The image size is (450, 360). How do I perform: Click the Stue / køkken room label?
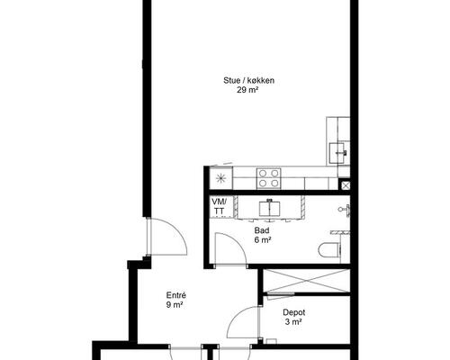[248, 80]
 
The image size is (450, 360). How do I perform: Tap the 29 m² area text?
[247, 90]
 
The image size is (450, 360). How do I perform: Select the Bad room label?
[262, 230]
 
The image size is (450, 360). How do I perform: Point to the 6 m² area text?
[263, 239]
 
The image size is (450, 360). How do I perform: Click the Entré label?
[176, 295]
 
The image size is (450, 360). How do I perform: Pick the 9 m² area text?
[175, 305]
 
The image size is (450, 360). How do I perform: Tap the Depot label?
[294, 312]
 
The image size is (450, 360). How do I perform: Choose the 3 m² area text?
[293, 322]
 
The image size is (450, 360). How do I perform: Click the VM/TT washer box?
[221, 206]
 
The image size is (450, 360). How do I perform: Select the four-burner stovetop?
[268, 178]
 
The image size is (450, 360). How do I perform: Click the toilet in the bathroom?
[328, 250]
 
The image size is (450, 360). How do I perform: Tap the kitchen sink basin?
[337, 153]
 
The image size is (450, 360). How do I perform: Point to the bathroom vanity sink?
[270, 209]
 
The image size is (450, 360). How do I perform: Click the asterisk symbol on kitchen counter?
[220, 178]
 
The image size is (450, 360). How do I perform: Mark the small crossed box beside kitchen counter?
[346, 185]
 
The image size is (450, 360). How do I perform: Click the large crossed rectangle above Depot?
[306, 281]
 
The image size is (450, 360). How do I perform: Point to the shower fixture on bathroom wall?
[345, 210]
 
